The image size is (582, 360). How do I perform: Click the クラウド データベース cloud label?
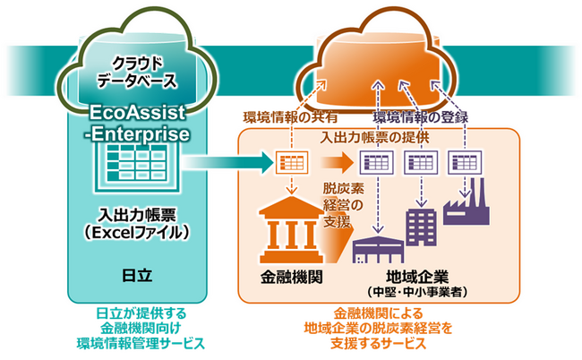pos(137,71)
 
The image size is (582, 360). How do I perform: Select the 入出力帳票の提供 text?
pos(376,137)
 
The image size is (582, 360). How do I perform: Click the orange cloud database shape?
pos(394,58)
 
